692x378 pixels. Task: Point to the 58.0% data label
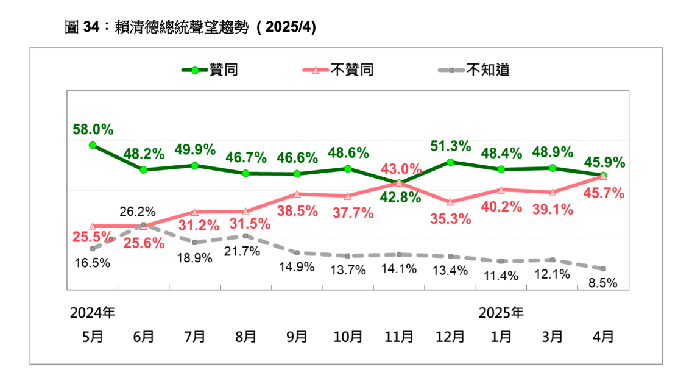coord(93,129)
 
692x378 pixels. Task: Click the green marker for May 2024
coord(92,145)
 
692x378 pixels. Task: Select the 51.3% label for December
coord(450,146)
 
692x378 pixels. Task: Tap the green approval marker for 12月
coord(450,162)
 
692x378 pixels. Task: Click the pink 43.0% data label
coord(401,168)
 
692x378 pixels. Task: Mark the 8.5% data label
coord(603,283)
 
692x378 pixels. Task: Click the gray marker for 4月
coord(603,269)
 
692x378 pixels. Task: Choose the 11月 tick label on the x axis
coord(398,337)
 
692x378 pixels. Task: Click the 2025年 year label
coord(501,313)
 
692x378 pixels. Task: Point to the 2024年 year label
coord(92,313)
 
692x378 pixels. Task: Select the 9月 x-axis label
coord(297,337)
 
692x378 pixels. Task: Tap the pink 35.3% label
coord(450,219)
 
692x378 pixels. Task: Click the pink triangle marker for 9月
coord(297,194)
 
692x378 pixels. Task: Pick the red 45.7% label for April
coord(604,194)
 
